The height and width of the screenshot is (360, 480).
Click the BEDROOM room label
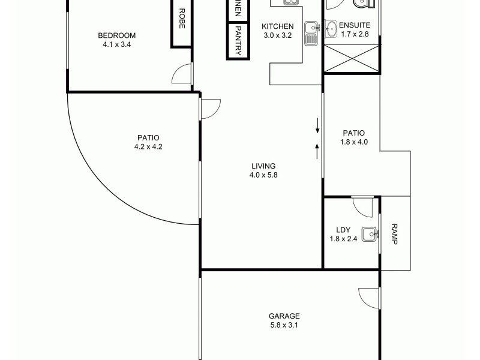tap(117, 35)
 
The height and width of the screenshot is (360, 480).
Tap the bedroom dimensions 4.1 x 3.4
tap(117, 44)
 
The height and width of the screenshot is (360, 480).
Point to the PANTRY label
tap(238, 41)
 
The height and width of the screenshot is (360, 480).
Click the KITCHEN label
tap(278, 26)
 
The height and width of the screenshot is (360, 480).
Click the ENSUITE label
tap(355, 25)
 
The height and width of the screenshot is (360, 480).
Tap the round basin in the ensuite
tap(331, 28)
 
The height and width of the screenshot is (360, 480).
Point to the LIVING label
tap(263, 166)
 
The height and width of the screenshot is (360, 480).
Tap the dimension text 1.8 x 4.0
tap(354, 142)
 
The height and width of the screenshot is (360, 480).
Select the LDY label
tap(343, 230)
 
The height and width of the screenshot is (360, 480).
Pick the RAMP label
tap(394, 233)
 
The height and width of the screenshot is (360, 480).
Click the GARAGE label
tap(284, 316)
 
